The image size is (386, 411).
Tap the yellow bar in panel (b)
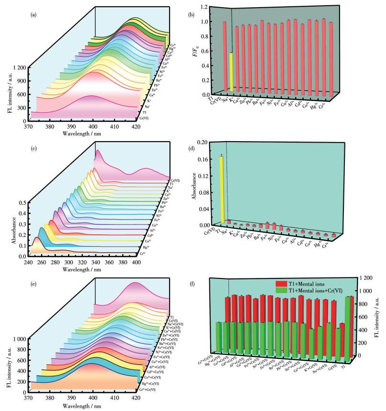coord(231,72)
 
